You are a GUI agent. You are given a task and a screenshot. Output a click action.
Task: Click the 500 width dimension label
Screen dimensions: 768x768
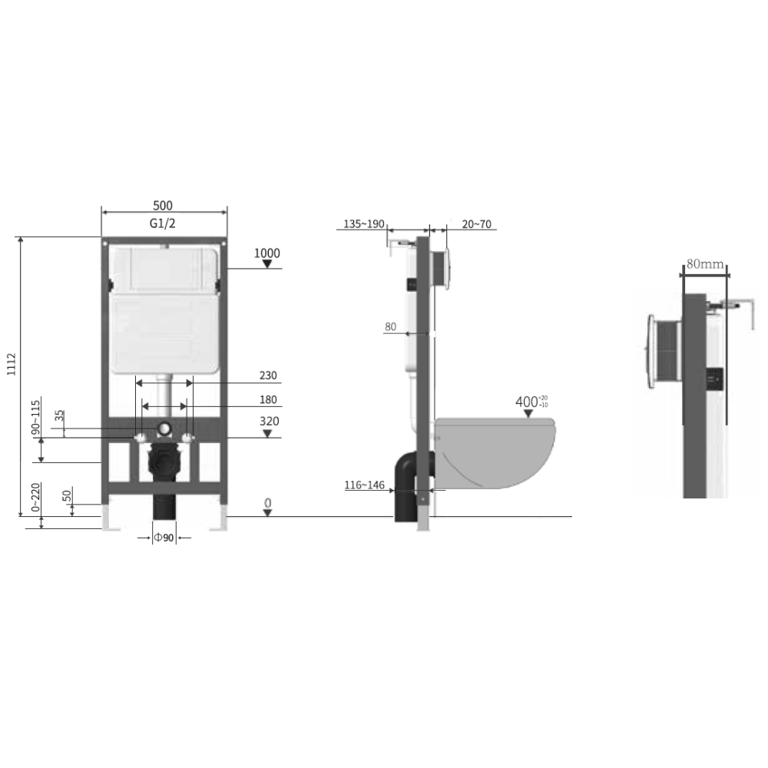point(163,205)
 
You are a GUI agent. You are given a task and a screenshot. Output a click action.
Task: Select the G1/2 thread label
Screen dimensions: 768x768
point(162,223)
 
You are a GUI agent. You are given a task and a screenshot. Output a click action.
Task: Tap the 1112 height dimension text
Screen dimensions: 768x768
point(12,364)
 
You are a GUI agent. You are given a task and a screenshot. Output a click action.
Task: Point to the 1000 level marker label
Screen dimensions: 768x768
point(267,253)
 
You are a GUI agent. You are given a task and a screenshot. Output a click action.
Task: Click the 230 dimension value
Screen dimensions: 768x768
point(268,376)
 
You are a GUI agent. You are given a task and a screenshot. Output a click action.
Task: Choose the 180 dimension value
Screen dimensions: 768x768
point(268,399)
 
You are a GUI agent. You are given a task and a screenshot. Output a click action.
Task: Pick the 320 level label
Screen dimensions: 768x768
point(269,421)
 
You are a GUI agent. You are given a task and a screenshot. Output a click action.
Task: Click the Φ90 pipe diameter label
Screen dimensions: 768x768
point(164,538)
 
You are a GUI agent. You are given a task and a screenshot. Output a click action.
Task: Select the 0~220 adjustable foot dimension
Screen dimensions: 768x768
point(36,497)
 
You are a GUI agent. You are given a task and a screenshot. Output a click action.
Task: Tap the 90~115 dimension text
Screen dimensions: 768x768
point(36,417)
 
